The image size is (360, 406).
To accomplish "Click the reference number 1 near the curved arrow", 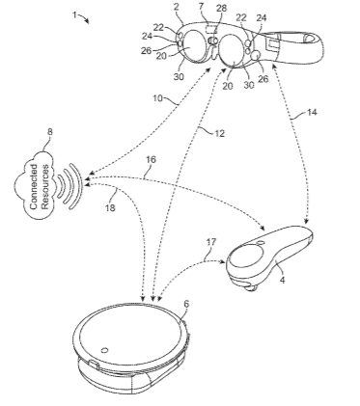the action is click(75, 14).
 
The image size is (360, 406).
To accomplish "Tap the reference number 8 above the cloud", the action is click(50, 132).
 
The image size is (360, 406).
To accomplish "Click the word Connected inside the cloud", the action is click(34, 187).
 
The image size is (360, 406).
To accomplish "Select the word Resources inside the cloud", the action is click(45, 187).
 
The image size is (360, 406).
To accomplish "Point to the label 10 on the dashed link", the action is click(157, 98).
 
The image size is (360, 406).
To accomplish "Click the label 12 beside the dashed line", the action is click(219, 133).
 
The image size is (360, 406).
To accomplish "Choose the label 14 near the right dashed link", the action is click(311, 112).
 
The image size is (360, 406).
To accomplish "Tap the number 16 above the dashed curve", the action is click(151, 159).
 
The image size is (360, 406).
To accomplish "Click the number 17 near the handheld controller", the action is click(210, 242).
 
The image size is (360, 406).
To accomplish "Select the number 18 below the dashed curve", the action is click(110, 208).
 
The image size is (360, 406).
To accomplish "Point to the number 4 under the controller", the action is click(283, 280).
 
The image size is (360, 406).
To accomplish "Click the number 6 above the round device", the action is click(186, 304).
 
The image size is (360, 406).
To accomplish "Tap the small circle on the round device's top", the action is click(104, 350).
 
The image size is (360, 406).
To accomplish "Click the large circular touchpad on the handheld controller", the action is click(247, 256).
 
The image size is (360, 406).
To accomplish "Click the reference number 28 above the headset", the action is click(221, 9).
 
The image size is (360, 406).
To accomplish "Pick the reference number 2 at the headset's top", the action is click(176, 7).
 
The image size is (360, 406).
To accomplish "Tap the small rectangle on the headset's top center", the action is click(210, 29).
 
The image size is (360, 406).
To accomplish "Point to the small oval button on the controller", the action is click(261, 243).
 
